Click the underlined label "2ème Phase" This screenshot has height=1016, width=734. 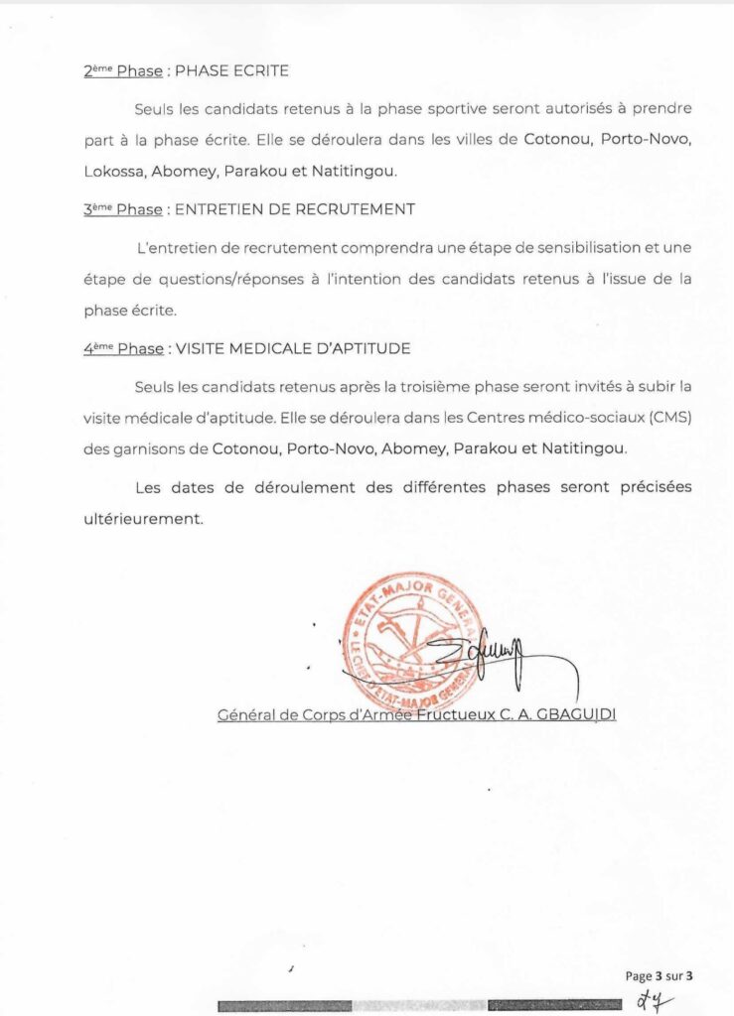tap(123, 71)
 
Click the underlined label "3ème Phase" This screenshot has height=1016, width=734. tap(123, 210)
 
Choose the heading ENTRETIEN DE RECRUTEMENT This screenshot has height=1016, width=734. tap(294, 210)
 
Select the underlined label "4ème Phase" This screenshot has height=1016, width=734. tap(123, 349)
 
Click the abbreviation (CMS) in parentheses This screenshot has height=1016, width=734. tap(668, 418)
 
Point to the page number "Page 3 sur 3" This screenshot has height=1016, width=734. tap(660, 974)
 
